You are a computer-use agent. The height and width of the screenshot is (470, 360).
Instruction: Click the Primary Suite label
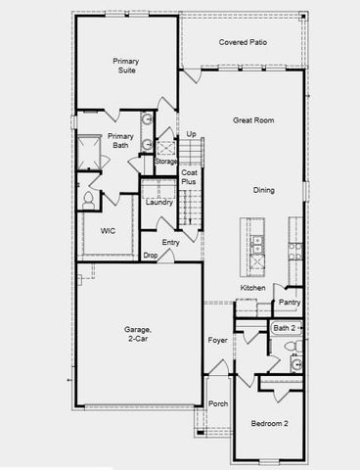pos(125,66)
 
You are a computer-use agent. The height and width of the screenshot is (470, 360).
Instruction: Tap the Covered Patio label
pos(244,43)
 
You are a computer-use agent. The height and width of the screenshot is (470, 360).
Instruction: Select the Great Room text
pos(251,120)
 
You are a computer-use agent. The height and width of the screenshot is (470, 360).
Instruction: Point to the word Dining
pos(264,190)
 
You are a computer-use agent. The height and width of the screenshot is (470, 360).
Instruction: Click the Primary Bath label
pos(120,141)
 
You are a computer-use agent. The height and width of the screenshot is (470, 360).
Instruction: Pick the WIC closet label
pos(109,231)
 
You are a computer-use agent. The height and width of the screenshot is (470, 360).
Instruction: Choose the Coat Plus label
pos(189,177)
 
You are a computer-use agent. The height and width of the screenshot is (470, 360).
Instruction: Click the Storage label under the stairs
pos(165,161)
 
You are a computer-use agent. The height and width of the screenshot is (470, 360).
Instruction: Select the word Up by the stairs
pos(191,134)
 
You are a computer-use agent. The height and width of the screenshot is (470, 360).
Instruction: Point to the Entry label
pos(170,242)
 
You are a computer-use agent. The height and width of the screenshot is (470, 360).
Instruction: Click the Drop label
pos(151,256)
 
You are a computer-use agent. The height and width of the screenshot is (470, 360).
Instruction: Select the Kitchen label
pos(253,288)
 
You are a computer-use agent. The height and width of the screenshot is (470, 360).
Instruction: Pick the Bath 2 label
pos(284,327)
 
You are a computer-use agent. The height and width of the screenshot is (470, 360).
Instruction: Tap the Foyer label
pos(217,341)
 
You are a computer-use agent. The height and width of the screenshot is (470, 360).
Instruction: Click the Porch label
pos(218,403)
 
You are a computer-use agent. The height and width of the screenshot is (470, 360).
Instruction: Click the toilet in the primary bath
pos(88,200)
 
